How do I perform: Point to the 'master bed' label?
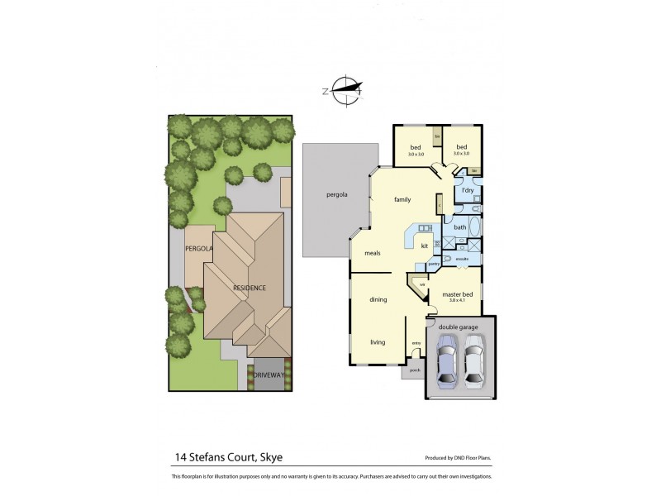pyautogui.click(x=457, y=294)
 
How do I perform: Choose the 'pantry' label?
pyautogui.click(x=433, y=265)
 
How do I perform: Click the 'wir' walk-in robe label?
pyautogui.click(x=421, y=285)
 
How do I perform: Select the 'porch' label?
pyautogui.click(x=415, y=370)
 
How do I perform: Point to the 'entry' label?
pyautogui.click(x=416, y=342)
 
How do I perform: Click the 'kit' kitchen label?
pyautogui.click(x=424, y=246)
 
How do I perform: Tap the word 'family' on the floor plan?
pyautogui.click(x=402, y=199)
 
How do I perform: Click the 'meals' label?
pyautogui.click(x=372, y=253)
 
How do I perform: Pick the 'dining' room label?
pyautogui.click(x=378, y=299)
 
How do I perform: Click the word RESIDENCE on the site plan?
pyautogui.click(x=249, y=288)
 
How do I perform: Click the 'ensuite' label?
pyautogui.click(x=463, y=259)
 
